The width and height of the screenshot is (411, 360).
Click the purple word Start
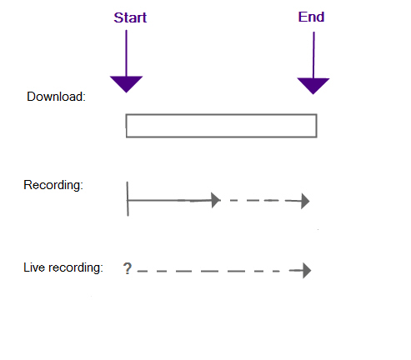click(130, 17)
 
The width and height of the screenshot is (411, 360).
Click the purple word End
click(311, 17)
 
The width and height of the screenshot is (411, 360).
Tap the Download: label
click(56, 97)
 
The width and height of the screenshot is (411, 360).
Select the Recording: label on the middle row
click(53, 185)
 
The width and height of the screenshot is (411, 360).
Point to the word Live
click(34, 267)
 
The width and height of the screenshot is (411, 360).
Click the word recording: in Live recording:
click(76, 268)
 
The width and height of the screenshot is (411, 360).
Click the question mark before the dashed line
click(128, 268)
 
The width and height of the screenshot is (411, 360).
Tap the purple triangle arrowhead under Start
click(126, 83)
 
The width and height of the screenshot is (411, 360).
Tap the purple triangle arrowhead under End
click(313, 86)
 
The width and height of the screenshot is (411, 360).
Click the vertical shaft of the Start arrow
click(126, 52)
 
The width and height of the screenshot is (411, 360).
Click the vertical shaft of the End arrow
click(313, 55)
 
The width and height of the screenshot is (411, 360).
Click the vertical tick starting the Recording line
click(128, 199)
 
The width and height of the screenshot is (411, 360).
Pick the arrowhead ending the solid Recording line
click(216, 200)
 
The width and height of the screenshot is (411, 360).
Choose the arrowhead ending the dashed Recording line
click(305, 201)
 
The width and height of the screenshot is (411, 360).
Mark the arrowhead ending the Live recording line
click(307, 271)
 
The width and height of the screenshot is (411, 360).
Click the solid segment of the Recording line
click(169, 200)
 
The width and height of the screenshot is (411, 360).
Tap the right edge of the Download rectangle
click(317, 126)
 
